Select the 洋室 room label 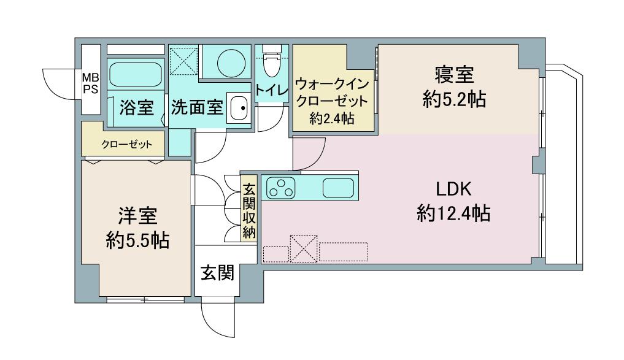pyautogui.click(x=137, y=216)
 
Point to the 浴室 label pyautogui.click(x=136, y=108)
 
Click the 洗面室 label pyautogui.click(x=196, y=108)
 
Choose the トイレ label pyautogui.click(x=272, y=90)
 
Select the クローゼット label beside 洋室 pyautogui.click(x=124, y=145)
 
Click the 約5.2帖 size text pyautogui.click(x=454, y=99)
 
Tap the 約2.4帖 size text pyautogui.click(x=332, y=119)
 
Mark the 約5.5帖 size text pyautogui.click(x=137, y=240)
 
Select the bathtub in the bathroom pyautogui.click(x=136, y=74)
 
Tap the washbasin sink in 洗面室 pyautogui.click(x=238, y=109)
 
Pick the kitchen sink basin pyautogui.click(x=337, y=188)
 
